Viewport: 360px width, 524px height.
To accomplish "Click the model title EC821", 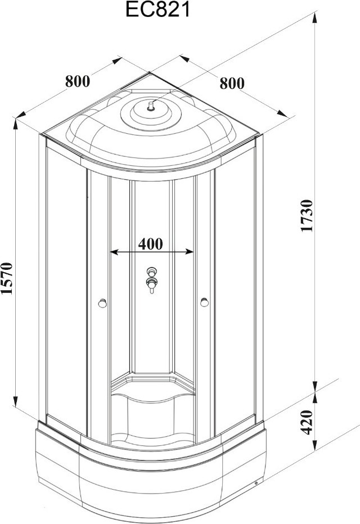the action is (157, 10).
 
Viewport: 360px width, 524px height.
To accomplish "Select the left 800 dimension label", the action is (78, 81).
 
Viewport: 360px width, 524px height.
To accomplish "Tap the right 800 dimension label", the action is (232, 83).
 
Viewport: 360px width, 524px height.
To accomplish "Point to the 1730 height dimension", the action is (307, 215).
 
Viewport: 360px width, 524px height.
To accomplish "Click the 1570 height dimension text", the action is (7, 278).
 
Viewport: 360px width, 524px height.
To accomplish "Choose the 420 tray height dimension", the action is (307, 422).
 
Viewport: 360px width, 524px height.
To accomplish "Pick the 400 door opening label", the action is (150, 244).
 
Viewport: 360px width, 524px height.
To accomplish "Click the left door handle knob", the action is (102, 303).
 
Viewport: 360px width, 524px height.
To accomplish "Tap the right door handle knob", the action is (204, 302).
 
